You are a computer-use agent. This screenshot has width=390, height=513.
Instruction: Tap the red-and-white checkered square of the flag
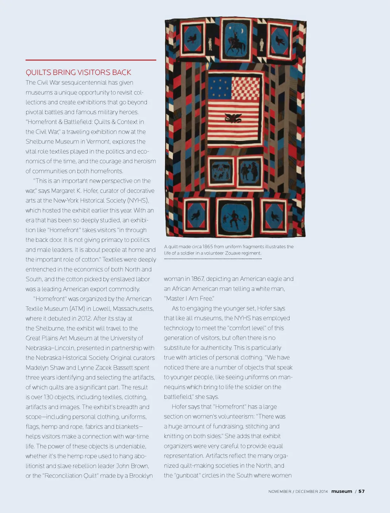(246, 88)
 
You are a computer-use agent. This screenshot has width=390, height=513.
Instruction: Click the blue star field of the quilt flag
(220, 88)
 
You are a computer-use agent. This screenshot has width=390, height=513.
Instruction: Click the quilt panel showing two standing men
(249, 172)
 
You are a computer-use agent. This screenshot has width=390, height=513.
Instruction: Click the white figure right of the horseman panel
(261, 44)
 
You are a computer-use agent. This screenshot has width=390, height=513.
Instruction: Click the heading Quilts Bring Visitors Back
(78, 72)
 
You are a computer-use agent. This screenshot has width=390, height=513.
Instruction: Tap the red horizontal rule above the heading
(91, 60)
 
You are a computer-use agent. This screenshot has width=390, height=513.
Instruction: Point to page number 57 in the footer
(361, 491)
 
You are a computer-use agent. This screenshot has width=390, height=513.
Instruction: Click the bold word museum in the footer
(342, 491)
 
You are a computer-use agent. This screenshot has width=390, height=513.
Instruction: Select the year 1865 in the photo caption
(208, 246)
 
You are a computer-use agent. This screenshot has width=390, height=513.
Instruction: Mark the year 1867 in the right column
(197, 279)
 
